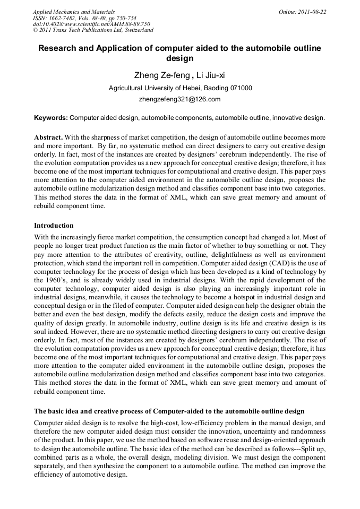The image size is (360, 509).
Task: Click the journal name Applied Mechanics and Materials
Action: (x=73, y=12)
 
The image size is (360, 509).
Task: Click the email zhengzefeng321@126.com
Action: (x=179, y=99)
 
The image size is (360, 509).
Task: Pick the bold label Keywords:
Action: (x=51, y=117)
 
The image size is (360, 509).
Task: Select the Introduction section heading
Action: (x=54, y=226)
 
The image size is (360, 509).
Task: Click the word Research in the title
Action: (x=60, y=48)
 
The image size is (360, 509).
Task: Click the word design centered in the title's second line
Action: (x=179, y=58)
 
